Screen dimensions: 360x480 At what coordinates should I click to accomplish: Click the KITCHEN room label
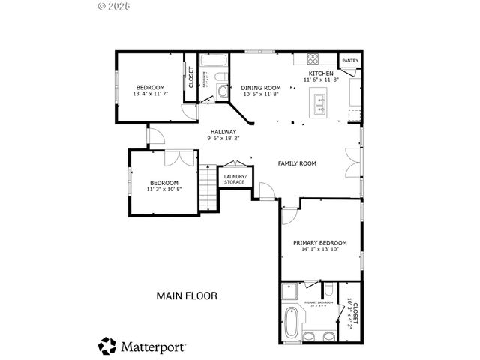[322, 73]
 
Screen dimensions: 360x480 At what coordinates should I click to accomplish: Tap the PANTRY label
[349, 61]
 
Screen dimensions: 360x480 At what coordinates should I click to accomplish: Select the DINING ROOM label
[262, 88]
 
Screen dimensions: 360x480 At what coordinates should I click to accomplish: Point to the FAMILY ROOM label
[297, 163]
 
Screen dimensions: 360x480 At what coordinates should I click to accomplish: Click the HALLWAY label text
[223, 131]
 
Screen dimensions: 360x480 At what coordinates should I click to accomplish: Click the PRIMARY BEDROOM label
[320, 243]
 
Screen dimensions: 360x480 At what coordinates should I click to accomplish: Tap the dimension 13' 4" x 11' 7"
[150, 94]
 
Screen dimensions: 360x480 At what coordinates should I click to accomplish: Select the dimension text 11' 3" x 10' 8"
[163, 189]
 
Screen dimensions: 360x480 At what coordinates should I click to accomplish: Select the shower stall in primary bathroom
[291, 292]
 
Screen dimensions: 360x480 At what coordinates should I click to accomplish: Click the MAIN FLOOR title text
[187, 295]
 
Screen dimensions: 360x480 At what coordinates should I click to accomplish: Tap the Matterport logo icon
[107, 346]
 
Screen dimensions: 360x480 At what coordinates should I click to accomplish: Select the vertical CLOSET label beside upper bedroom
[191, 77]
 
